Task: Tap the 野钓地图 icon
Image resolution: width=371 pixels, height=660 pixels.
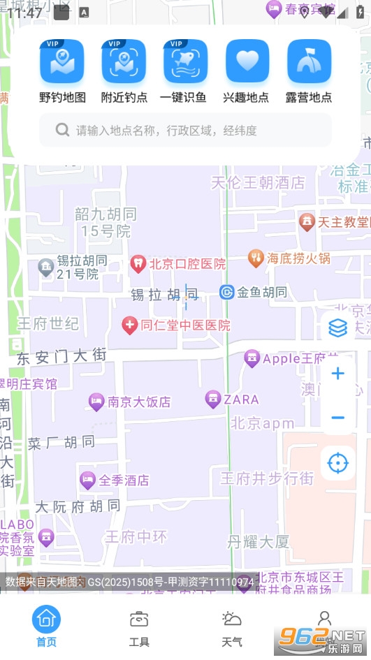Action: (62, 61)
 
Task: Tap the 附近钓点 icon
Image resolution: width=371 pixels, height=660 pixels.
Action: (124, 61)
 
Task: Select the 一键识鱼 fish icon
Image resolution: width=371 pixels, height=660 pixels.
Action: (186, 61)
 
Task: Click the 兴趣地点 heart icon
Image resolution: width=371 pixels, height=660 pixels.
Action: (247, 61)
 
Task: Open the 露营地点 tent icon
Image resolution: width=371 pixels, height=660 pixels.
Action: (310, 61)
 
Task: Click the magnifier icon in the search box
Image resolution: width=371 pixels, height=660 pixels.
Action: (62, 130)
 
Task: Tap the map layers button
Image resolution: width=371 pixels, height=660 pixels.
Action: (338, 328)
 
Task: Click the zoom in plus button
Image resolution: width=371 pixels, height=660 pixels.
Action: (338, 374)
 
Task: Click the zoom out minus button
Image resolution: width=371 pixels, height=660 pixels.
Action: (338, 418)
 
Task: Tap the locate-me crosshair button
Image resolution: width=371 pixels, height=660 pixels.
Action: (338, 463)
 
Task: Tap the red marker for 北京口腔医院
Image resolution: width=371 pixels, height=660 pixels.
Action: (138, 263)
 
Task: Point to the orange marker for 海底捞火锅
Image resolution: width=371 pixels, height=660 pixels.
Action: (256, 258)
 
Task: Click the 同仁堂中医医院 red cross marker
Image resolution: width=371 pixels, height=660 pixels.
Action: (129, 325)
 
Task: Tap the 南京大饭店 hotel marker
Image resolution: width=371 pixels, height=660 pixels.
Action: (96, 402)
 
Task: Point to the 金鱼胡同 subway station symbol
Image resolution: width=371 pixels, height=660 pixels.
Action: (226, 292)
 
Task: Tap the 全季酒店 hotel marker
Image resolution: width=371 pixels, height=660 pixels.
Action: (87, 480)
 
